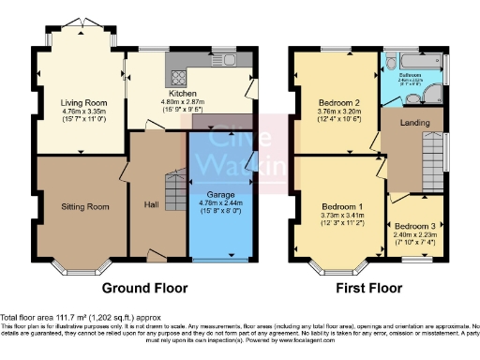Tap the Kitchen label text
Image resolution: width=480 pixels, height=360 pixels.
(181, 94)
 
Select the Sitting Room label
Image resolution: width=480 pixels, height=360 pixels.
(80, 205)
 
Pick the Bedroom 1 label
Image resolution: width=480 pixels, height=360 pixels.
(341, 206)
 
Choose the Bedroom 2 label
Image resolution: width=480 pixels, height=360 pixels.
(339, 102)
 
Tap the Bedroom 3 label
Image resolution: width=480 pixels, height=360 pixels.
(414, 227)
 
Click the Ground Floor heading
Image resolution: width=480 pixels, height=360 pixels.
(145, 288)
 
